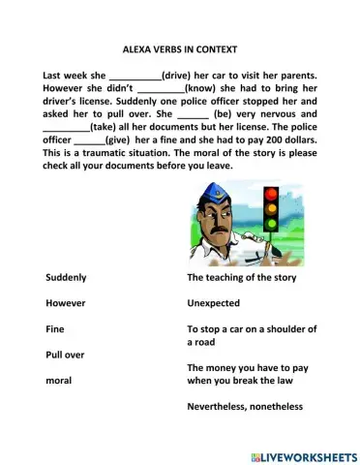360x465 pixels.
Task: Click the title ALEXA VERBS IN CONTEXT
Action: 179,47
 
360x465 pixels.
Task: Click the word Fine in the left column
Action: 55,329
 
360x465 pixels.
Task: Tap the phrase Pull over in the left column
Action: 65,355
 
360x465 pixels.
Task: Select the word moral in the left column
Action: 59,380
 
